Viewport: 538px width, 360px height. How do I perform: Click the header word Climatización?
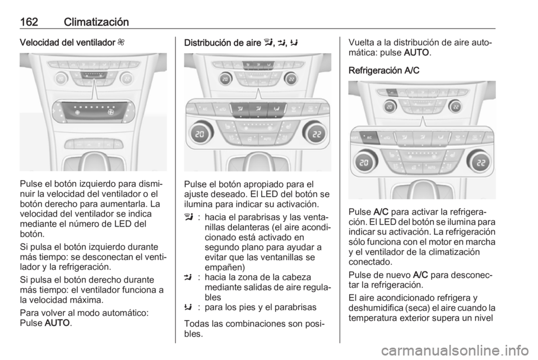coord(96,22)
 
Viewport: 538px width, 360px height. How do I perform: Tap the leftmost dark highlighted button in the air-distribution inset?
coord(240,109)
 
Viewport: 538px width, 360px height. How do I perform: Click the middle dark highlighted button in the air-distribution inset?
coord(258,109)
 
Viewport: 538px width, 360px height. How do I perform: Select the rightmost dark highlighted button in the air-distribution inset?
coord(277,109)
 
